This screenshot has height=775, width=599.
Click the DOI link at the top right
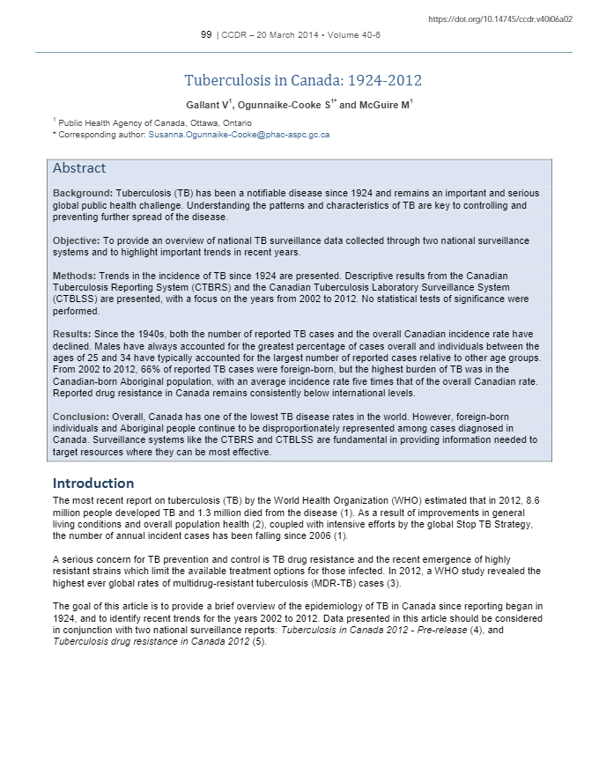tap(499, 18)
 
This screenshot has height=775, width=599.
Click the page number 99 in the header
tap(206, 34)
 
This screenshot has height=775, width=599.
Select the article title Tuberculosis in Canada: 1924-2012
tap(304, 81)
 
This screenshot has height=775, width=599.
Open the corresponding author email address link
tap(239, 135)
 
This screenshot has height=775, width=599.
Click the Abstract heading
tap(79, 168)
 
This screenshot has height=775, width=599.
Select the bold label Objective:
tap(77, 240)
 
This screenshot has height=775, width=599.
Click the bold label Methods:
tap(74, 277)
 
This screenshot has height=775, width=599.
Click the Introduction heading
tap(93, 483)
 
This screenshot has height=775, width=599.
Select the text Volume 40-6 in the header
tap(354, 34)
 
